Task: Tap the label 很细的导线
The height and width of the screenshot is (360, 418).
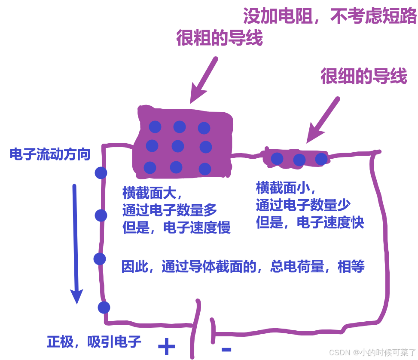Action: (363, 77)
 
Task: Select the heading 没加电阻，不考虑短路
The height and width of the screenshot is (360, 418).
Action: (330, 17)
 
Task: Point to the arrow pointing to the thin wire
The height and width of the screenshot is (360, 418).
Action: (323, 120)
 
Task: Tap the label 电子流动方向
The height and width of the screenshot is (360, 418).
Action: (50, 154)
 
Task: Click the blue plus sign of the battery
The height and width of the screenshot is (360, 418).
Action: (167, 346)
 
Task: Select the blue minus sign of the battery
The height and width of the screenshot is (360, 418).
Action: (226, 349)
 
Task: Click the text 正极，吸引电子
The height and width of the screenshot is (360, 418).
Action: (94, 342)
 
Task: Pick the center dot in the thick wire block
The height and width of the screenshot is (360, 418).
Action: (178, 146)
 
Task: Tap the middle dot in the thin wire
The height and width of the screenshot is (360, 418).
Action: (299, 160)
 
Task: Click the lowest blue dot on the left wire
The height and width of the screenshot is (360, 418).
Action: (104, 308)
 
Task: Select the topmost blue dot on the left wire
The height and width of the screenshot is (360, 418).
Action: (101, 173)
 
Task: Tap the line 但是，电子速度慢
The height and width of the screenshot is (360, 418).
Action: (177, 228)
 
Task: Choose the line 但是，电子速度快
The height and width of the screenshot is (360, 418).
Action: (310, 223)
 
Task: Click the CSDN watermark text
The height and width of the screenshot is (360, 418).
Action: (372, 352)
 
